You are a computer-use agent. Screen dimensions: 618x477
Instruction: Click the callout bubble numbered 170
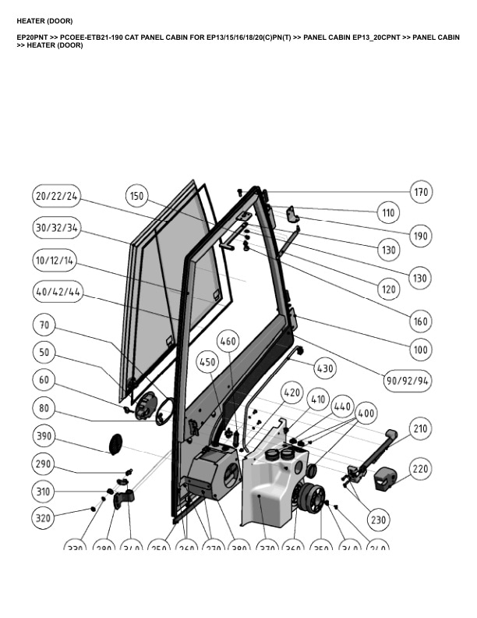(421, 192)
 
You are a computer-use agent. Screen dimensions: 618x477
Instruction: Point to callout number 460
(228, 341)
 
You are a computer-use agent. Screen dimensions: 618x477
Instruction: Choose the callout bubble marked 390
(44, 435)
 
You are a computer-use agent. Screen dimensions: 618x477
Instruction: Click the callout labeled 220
(420, 469)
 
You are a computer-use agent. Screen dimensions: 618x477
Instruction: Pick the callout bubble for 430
(324, 367)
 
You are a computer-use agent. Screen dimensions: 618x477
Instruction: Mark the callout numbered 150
(137, 197)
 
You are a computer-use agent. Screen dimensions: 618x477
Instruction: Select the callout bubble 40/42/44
(58, 293)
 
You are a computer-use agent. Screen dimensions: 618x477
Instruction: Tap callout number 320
(44, 518)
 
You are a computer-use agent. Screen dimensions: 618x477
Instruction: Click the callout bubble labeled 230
(377, 520)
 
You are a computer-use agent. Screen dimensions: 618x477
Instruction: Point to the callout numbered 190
(421, 236)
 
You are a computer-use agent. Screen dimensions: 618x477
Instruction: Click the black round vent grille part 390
(115, 443)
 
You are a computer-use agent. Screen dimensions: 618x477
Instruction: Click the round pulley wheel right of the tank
(314, 497)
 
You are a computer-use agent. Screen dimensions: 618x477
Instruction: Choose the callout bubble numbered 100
(421, 350)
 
